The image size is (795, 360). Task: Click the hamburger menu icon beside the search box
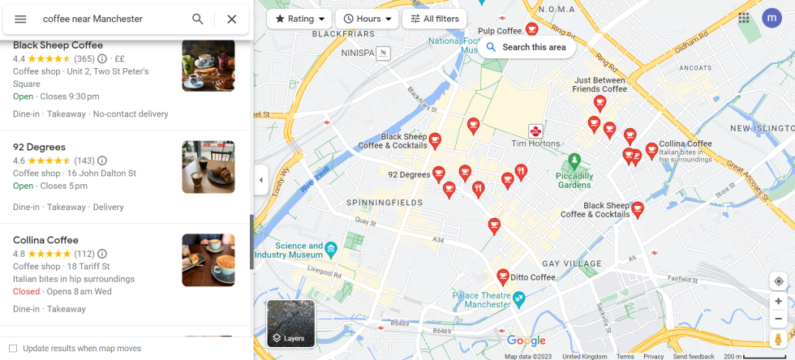point(20,19)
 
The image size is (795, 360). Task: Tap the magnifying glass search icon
point(198,19)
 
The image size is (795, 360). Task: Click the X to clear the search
point(231,19)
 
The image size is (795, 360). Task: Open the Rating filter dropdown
point(299,19)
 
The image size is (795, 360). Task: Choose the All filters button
point(434,19)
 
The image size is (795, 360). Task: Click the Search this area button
point(526,47)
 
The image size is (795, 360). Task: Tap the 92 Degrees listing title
point(39,147)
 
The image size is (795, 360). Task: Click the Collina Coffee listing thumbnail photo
point(208,260)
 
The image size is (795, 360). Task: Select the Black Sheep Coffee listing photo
point(208,66)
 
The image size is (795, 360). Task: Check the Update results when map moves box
point(13,349)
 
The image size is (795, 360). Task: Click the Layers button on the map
point(290,324)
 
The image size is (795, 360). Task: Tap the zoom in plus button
point(778,301)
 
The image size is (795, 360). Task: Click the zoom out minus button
point(778,319)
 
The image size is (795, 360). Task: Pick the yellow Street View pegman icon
point(778,339)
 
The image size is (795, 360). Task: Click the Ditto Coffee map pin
point(503,276)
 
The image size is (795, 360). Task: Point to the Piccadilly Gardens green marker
point(574,160)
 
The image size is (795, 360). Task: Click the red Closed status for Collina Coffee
point(26,291)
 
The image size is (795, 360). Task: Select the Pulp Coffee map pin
point(532,29)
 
